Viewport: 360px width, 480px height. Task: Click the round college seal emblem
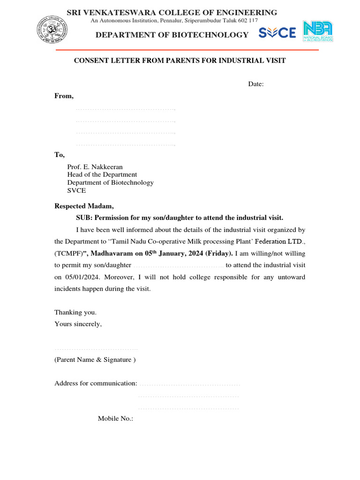tap(53, 29)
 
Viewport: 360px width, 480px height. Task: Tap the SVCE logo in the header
tap(277, 33)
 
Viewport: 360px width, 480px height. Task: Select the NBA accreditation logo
tap(318, 32)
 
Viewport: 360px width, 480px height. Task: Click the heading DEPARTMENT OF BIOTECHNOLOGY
tap(172, 35)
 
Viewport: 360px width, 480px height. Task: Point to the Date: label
tap(256, 84)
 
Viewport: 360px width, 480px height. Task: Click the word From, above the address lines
tap(64, 96)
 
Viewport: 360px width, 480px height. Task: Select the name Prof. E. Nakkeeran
tap(95, 166)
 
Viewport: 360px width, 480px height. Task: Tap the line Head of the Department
tap(102, 174)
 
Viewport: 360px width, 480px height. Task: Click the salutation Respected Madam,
tap(84, 206)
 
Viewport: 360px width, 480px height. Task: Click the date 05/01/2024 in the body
tap(81, 277)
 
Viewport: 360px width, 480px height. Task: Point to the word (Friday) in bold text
tap(219, 254)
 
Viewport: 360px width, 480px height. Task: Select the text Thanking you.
tap(75, 312)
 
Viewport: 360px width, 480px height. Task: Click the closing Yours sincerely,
tap(78, 323)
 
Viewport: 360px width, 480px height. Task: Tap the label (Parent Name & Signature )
tap(95, 360)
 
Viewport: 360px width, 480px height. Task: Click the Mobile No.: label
tap(115, 418)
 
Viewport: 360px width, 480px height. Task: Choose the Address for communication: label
tap(96, 383)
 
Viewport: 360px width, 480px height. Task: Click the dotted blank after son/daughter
tap(178, 266)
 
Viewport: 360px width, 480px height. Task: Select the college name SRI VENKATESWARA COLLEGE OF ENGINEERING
tap(172, 13)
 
